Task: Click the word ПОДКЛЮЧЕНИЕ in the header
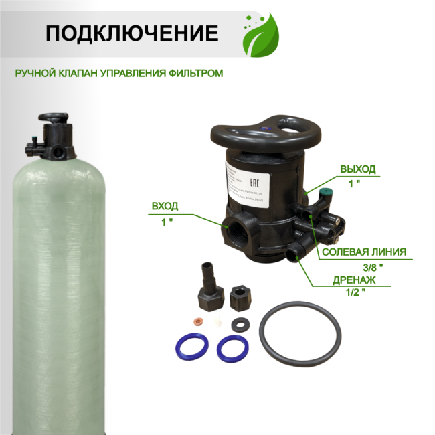(x=131, y=33)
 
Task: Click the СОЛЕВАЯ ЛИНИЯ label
(x=364, y=252)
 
